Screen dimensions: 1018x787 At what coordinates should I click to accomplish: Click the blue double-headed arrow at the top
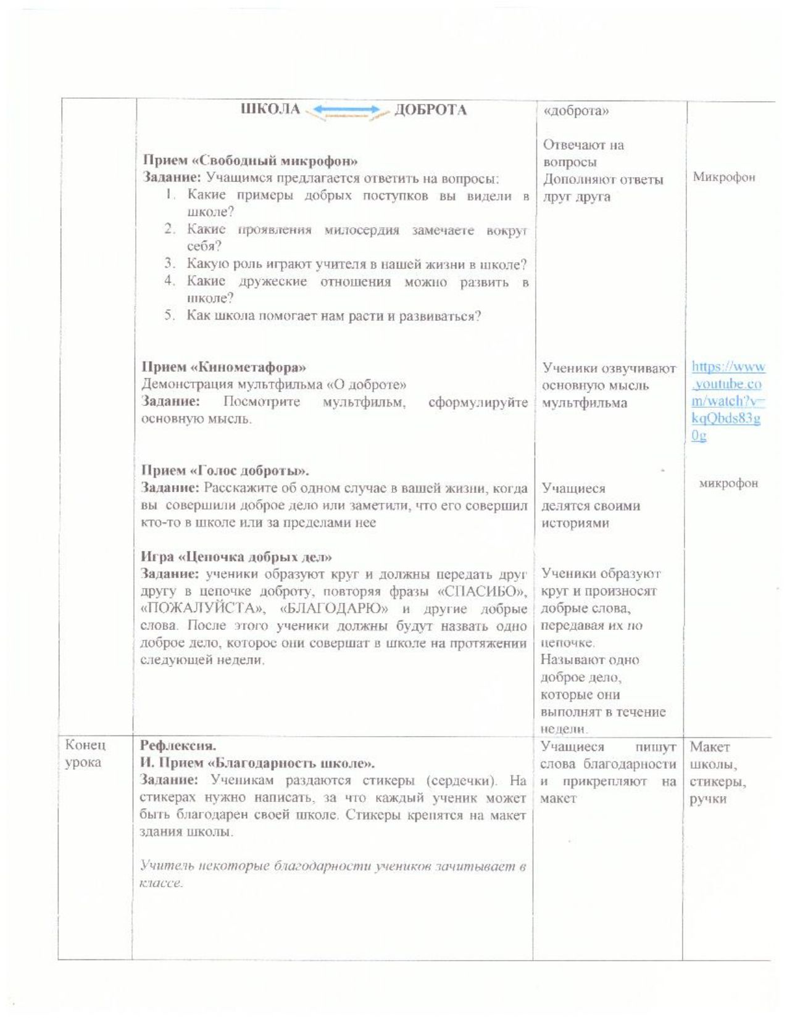point(344,110)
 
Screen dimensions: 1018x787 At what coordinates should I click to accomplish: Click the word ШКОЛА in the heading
point(270,110)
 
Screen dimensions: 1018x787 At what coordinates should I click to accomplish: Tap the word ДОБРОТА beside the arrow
point(430,110)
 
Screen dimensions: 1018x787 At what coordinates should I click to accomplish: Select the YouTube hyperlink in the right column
point(727,401)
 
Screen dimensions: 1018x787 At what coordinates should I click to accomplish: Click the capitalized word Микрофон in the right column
point(723,178)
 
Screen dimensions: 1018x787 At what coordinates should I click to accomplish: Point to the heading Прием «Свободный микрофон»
point(251,161)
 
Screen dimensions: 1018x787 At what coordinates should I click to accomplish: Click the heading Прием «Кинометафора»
point(224,368)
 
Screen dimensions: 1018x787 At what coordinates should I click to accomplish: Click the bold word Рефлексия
point(178,745)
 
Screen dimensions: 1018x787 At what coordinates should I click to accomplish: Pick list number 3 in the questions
point(170,264)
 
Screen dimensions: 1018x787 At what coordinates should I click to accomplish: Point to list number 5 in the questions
point(170,316)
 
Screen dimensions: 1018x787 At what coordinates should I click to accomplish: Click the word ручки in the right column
point(708,800)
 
